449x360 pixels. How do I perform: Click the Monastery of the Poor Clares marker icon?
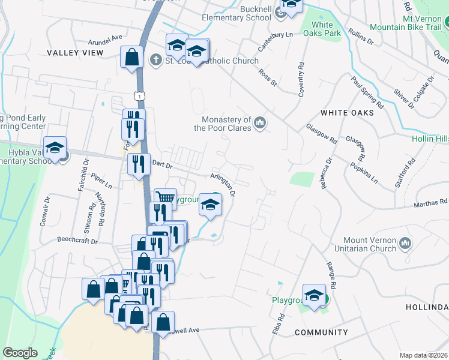(x=260, y=123)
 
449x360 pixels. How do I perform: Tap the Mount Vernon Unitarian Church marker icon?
(x=405, y=244)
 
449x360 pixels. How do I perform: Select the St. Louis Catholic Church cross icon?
(x=155, y=60)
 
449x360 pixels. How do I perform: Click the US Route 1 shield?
(x=139, y=95)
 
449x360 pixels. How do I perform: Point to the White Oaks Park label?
(x=323, y=29)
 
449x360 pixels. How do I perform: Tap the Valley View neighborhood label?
(x=75, y=53)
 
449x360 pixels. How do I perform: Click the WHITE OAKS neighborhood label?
(x=347, y=112)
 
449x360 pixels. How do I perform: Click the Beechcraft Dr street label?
(x=77, y=241)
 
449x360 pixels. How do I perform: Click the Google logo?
(x=20, y=353)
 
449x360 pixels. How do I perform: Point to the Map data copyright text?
(x=424, y=355)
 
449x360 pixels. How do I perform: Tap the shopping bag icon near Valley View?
(x=131, y=57)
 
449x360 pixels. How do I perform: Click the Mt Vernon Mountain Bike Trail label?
(x=406, y=23)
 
